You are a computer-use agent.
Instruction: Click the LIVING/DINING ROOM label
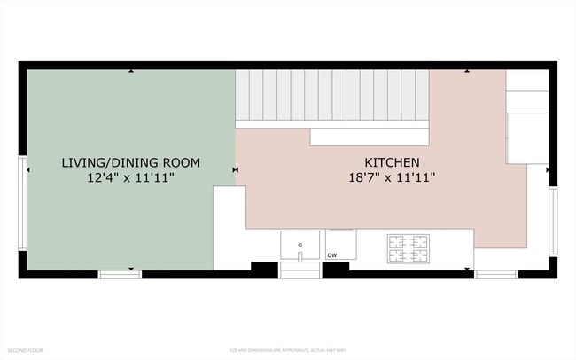(130, 163)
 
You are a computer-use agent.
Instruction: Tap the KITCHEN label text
(392, 163)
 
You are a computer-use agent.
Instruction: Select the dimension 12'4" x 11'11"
(130, 177)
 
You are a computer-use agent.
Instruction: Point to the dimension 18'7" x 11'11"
(392, 177)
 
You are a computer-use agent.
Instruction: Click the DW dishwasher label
(332, 256)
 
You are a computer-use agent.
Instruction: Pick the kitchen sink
(300, 245)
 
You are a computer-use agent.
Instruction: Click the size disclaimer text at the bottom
(287, 350)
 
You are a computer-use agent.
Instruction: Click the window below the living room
(120, 274)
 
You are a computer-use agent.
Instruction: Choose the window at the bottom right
(496, 274)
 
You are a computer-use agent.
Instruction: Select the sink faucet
(300, 254)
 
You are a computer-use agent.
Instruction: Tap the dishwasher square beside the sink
(340, 244)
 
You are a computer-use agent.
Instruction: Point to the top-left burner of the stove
(397, 240)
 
